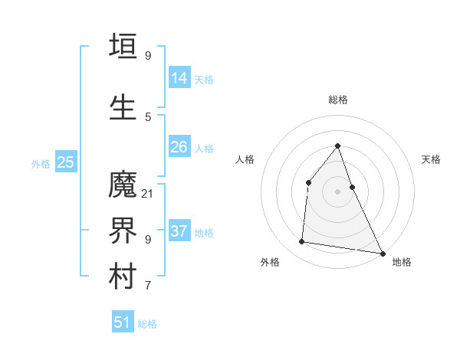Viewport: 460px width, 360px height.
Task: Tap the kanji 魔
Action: click(123, 185)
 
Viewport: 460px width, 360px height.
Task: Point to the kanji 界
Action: click(123, 231)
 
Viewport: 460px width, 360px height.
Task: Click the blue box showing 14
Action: click(179, 77)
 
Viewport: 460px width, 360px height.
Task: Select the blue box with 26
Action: click(179, 146)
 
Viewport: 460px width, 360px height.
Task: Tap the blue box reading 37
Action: click(179, 231)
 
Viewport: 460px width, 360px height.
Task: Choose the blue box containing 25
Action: click(65, 162)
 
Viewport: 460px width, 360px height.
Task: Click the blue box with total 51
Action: click(123, 322)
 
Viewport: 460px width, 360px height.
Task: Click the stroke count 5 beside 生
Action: click(147, 117)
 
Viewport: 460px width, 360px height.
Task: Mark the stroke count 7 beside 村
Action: click(147, 286)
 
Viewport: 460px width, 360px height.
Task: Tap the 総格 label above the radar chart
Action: click(337, 100)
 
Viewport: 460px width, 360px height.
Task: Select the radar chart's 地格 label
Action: click(402, 262)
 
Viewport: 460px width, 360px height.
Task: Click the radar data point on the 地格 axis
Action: click(383, 253)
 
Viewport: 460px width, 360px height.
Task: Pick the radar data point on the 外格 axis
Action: click(302, 242)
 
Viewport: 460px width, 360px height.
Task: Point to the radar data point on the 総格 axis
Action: click(337, 146)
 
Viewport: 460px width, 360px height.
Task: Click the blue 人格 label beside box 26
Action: click(204, 148)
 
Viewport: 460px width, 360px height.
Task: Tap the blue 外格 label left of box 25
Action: click(41, 163)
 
